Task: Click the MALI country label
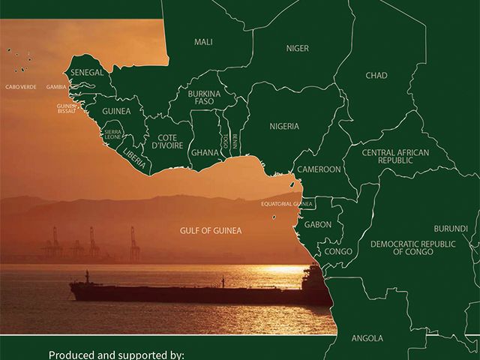[x=203, y=42]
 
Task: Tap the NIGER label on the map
[x=297, y=49]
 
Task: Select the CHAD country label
[x=376, y=76]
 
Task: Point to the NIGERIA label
[x=284, y=127]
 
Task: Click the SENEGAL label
[x=87, y=73]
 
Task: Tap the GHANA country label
[x=205, y=153]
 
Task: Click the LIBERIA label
[x=135, y=158]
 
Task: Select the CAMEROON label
[x=319, y=169]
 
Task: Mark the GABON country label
[x=318, y=224]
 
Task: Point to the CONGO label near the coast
[x=338, y=251]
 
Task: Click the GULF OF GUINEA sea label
[x=211, y=230]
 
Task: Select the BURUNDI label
[x=451, y=229]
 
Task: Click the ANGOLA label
[x=367, y=338]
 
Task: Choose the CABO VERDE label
[x=21, y=87]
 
